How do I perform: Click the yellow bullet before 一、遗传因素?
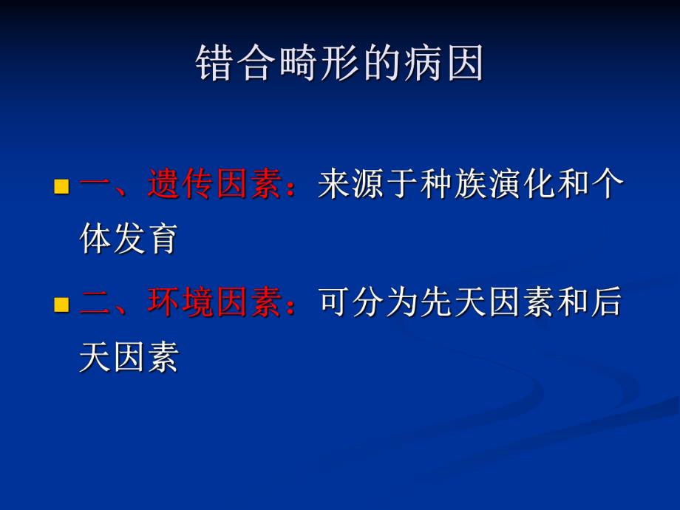click(61, 186)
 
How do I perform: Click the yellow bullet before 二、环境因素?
click(61, 304)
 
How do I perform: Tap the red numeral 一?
click(95, 185)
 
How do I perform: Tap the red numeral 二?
click(95, 303)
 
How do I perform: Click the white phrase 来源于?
click(369, 185)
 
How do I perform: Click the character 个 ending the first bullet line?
click(608, 185)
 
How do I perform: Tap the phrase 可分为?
click(369, 303)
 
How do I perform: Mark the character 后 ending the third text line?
click(608, 303)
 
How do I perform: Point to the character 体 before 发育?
click(95, 241)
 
